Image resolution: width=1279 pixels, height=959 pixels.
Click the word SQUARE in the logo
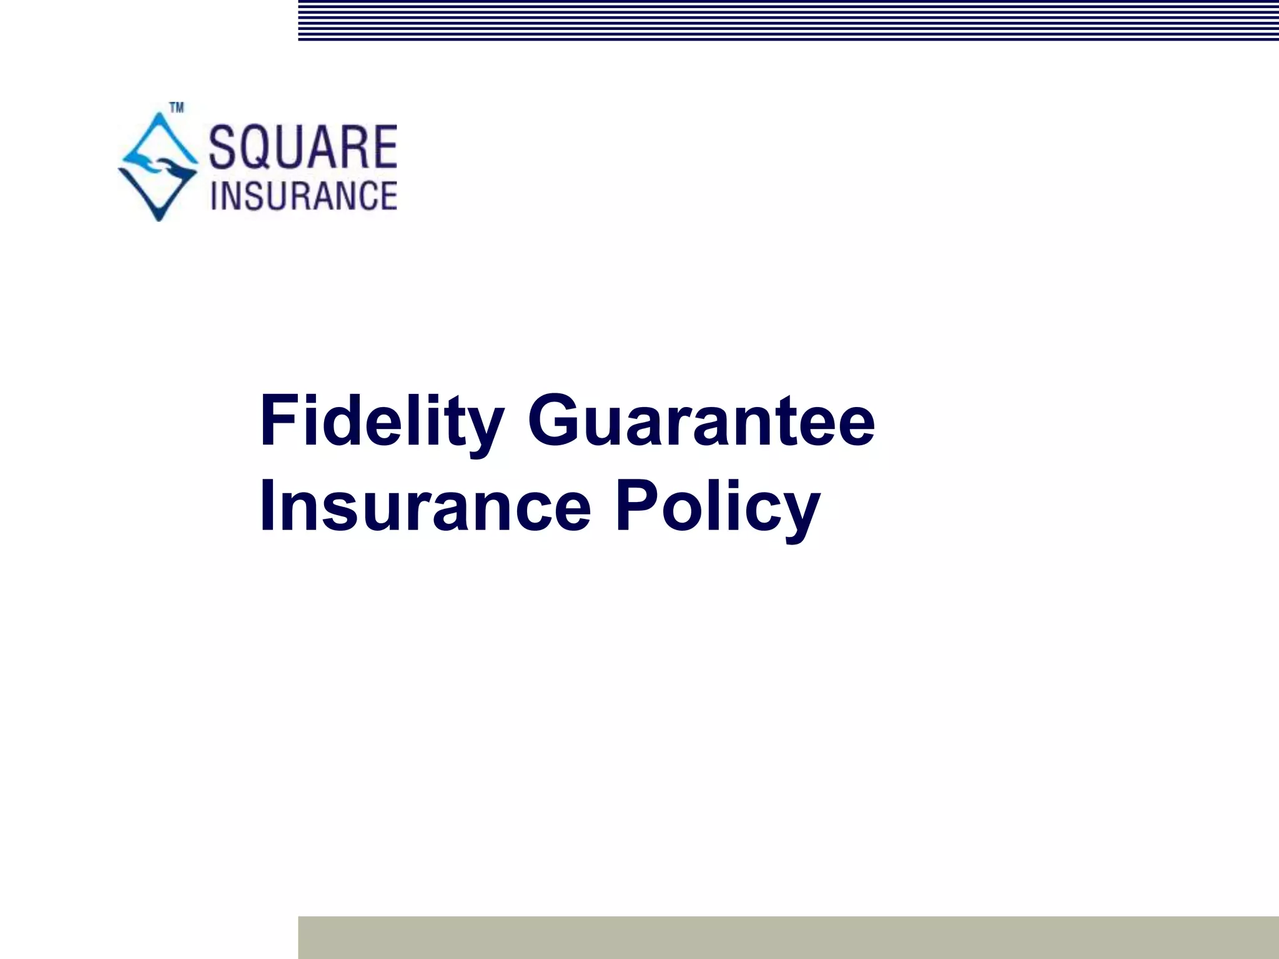coord(303,147)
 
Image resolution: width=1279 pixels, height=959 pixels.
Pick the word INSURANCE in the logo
coord(304,195)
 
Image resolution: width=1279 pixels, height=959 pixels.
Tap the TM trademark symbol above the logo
coord(177,109)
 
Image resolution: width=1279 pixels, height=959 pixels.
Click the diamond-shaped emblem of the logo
coord(158,165)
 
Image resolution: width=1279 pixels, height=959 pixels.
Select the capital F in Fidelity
coord(279,420)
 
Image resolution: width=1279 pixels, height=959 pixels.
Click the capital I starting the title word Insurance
coord(267,506)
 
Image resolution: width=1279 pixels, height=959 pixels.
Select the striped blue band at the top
coord(788,20)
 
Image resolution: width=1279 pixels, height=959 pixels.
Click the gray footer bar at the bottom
coord(788,937)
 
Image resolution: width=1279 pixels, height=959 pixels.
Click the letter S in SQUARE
coord(223,147)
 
